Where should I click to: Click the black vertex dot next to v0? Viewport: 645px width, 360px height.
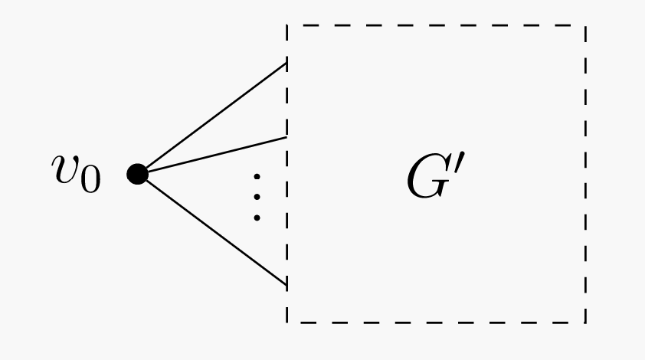pyautogui.click(x=138, y=175)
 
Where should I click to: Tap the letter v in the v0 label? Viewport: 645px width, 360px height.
pyautogui.click(x=66, y=170)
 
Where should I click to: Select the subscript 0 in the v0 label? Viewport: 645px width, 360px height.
pyautogui.click(x=90, y=182)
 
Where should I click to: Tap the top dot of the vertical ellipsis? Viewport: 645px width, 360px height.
pyautogui.click(x=257, y=178)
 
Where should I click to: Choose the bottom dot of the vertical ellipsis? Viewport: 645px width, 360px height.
pyautogui.click(x=257, y=218)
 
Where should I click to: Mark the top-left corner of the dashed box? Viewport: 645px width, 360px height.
pyautogui.click(x=287, y=26)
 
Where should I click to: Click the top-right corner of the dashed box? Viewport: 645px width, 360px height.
pyautogui.click(x=586, y=26)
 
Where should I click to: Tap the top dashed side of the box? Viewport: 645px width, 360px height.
pyautogui.click(x=437, y=26)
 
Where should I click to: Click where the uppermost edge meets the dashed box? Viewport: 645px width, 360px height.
pyautogui.click(x=286, y=64)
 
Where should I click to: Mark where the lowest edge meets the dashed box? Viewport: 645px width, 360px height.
pyautogui.click(x=286, y=286)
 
